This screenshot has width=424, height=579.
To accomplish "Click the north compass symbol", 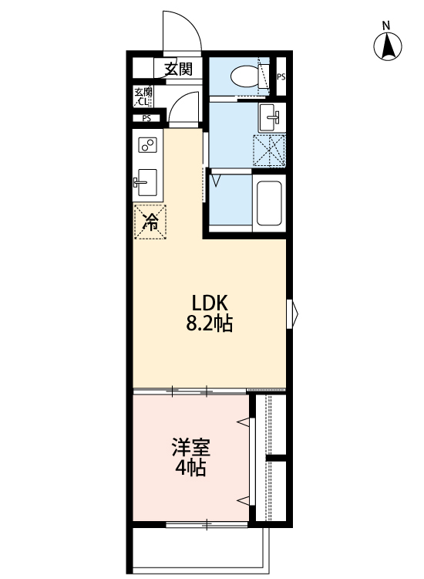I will (389, 46).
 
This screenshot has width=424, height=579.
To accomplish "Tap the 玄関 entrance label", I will (177, 69).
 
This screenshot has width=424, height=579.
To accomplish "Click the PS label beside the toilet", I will (281, 76).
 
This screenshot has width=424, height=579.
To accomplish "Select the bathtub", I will (269, 204).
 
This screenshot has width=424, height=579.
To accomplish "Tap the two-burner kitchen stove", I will (147, 144).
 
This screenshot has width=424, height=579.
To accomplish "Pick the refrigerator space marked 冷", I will (150, 222).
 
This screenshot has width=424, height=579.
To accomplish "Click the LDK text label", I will (208, 302).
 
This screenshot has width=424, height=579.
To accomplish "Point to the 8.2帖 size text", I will (208, 324).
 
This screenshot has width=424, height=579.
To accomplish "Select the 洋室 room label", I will (190, 447).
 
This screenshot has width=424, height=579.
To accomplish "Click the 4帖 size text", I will (190, 468).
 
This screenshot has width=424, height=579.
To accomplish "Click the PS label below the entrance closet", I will (146, 118).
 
